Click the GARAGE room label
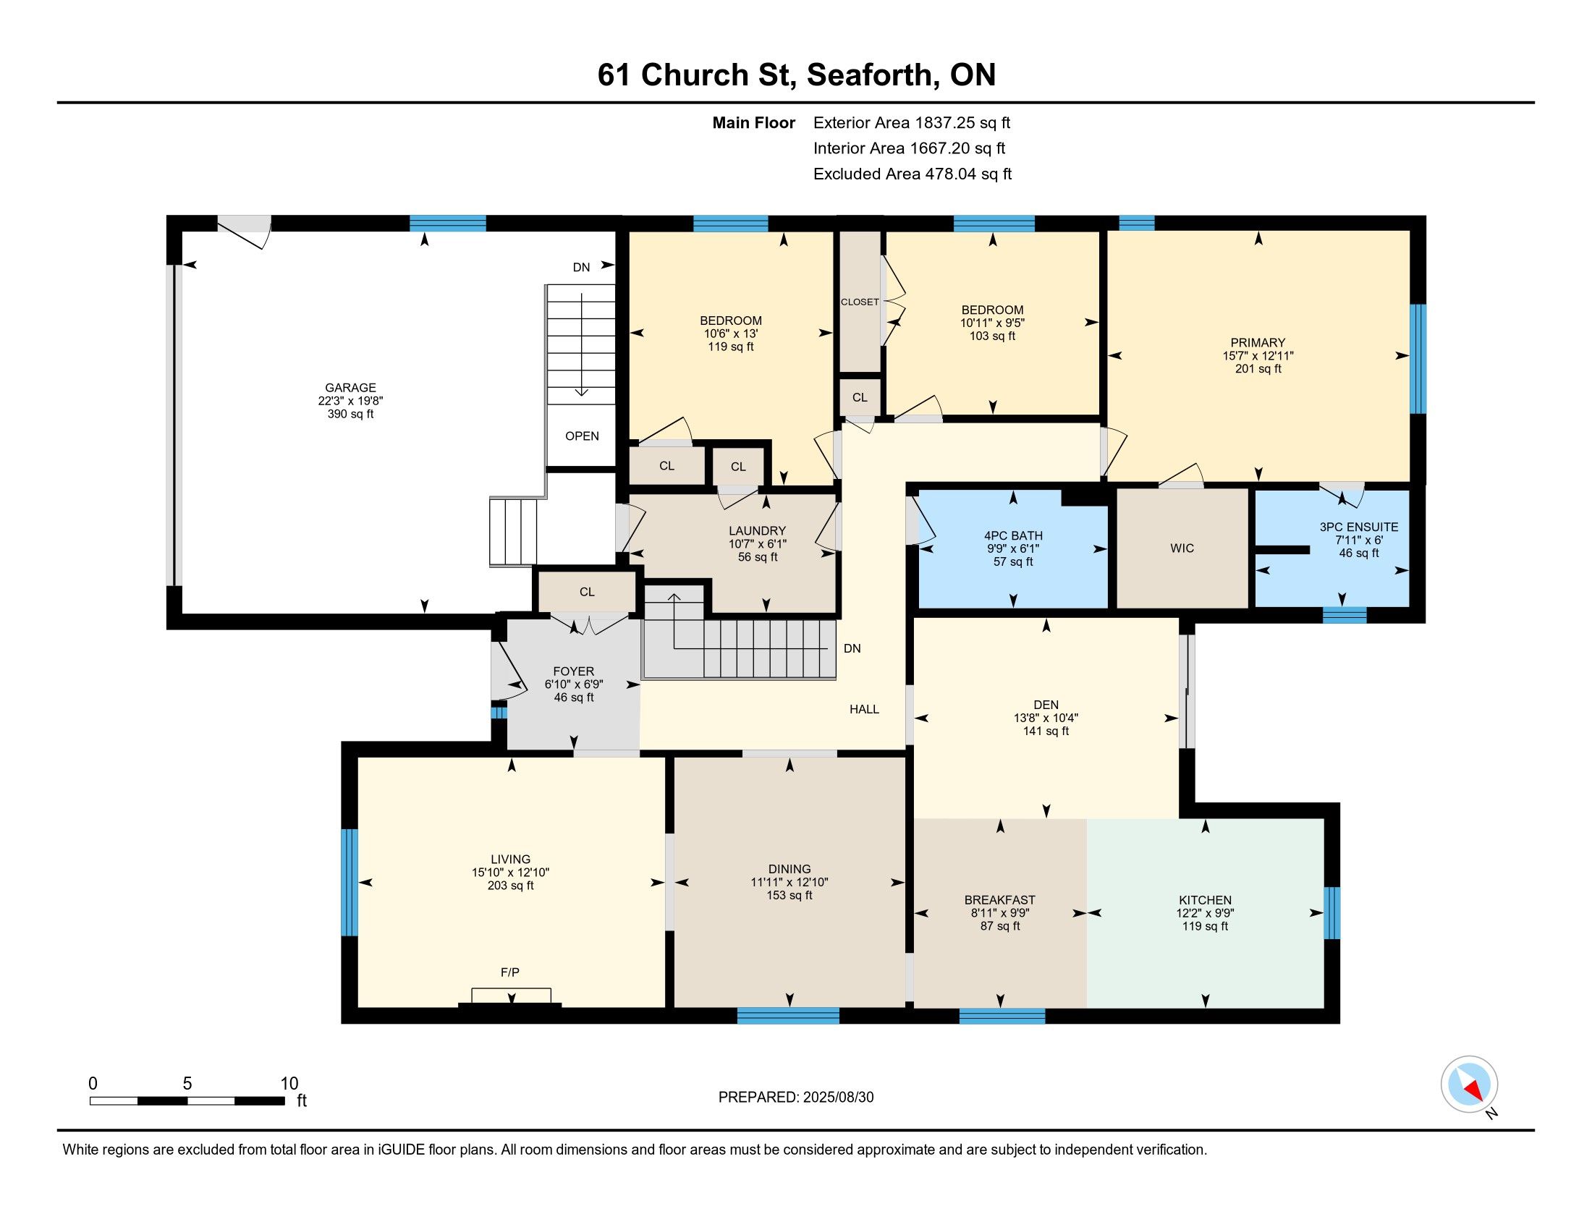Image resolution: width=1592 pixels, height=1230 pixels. tap(351, 388)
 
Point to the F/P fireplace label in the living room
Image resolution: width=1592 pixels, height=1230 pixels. tap(510, 972)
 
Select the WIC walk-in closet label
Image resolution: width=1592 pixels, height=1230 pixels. tap(1182, 548)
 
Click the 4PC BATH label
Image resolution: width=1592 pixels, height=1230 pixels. tap(1013, 535)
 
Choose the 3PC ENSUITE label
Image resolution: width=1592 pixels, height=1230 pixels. tap(1359, 527)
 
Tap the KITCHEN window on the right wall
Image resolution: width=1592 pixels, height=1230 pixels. tap(1331, 912)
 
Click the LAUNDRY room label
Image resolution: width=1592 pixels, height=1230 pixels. tap(758, 530)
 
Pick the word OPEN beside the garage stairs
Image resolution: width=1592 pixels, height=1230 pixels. tap(582, 436)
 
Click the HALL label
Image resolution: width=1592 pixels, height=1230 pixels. tap(865, 709)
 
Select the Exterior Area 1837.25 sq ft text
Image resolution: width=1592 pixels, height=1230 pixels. tap(912, 122)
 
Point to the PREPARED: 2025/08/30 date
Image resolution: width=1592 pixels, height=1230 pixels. tap(796, 1097)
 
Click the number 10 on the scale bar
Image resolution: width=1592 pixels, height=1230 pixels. tap(289, 1083)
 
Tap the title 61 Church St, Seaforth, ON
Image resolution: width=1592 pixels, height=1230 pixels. tap(797, 75)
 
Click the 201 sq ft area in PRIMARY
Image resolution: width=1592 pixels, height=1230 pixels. tap(1258, 369)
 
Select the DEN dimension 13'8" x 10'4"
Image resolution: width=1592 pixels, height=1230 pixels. tap(1046, 718)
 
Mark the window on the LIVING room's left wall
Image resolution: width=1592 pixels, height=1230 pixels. tap(350, 882)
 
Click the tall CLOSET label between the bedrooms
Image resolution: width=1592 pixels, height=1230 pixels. tap(860, 302)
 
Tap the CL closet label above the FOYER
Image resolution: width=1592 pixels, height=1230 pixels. tap(587, 592)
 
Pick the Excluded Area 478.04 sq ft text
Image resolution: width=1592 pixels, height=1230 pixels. tap(913, 174)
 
